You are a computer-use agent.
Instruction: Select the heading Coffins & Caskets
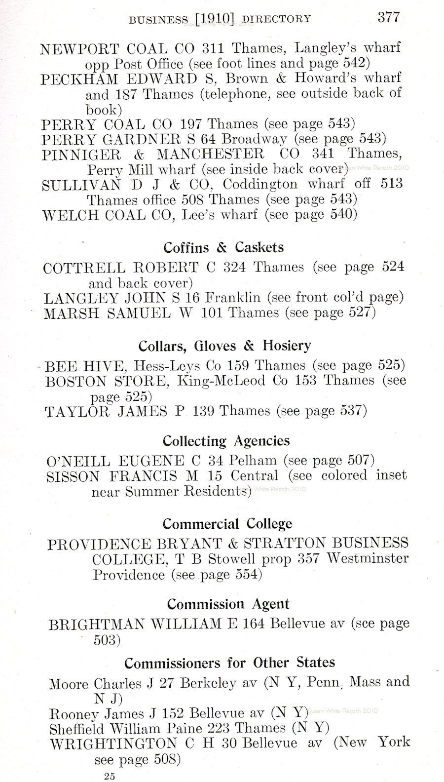pos(223,247)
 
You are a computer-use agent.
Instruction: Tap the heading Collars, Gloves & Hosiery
pos(224,345)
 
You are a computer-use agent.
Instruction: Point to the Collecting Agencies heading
pos(226,440)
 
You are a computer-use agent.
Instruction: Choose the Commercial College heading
pos(227,523)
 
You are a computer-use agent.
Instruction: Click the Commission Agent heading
pos(228,604)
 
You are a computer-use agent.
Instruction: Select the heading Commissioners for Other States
pos(229,662)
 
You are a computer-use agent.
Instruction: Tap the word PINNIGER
pos(81,154)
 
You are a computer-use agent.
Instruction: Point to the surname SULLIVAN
pos(81,185)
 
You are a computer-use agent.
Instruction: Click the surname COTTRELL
pos(84,268)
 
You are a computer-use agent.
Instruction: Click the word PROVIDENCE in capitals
pos(98,544)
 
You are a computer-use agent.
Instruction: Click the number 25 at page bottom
pos(110,777)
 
